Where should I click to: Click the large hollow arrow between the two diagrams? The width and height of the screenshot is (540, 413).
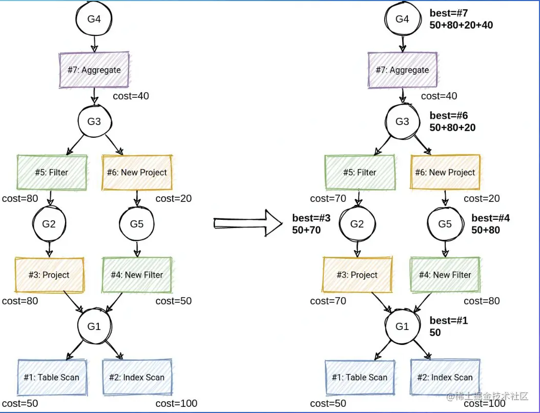click(x=248, y=223)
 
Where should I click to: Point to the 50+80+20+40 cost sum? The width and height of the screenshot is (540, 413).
click(x=461, y=25)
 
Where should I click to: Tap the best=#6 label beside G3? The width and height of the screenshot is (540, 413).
click(x=449, y=116)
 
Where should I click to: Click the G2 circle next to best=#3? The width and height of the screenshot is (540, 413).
click(x=357, y=224)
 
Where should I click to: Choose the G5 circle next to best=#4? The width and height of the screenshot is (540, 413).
click(x=445, y=224)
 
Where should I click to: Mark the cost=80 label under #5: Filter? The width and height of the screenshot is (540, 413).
click(x=20, y=198)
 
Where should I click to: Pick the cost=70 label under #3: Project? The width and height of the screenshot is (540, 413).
click(x=328, y=301)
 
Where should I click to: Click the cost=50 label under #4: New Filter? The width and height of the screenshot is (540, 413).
click(x=174, y=301)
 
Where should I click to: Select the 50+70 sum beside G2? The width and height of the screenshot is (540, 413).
click(x=306, y=230)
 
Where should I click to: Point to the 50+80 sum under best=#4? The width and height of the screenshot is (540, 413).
click(x=486, y=230)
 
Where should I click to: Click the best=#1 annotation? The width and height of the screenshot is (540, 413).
click(x=449, y=321)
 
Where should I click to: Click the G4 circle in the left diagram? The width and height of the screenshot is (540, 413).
click(x=94, y=19)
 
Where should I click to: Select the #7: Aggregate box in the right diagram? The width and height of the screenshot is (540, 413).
click(x=402, y=70)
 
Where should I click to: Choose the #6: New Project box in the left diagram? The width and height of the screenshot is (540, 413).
click(x=137, y=172)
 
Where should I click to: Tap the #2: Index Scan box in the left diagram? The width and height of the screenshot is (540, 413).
click(x=137, y=377)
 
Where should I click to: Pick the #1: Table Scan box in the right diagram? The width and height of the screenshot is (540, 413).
click(x=359, y=377)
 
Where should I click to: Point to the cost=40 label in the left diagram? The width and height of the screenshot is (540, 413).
click(x=131, y=96)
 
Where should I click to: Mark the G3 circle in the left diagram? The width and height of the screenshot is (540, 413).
click(x=94, y=121)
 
